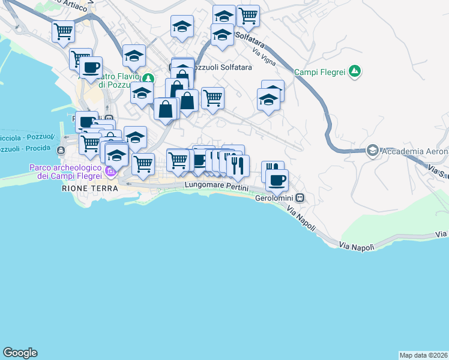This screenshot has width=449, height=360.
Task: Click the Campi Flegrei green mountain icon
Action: point(355,72)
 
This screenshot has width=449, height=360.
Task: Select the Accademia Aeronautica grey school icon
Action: point(372,150)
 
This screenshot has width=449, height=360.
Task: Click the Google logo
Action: point(20,353)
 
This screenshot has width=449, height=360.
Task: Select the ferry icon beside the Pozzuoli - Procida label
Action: point(61,149)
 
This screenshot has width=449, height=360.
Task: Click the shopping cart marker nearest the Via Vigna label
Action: point(248,15)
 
